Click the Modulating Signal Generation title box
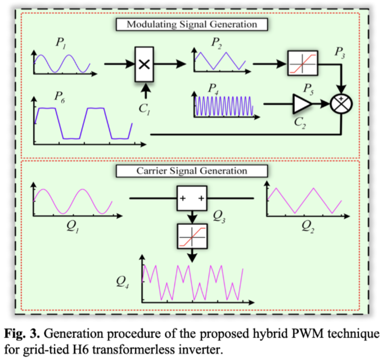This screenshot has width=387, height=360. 191,25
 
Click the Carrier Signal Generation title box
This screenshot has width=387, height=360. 191,170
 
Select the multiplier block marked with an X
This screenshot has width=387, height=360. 145,65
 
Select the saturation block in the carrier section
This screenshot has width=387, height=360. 192,235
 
